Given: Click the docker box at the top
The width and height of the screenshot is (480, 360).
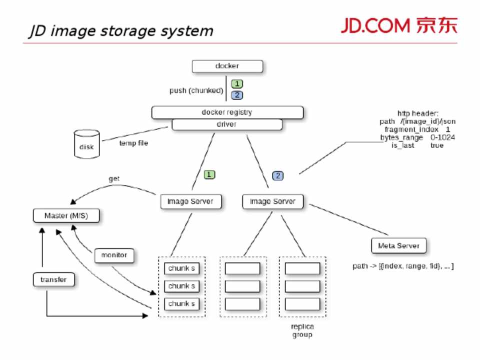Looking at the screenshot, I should [227, 66].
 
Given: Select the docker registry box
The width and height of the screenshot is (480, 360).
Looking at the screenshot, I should [227, 112].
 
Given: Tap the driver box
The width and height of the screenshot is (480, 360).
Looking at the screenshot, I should [227, 124].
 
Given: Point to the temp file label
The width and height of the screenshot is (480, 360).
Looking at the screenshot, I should [133, 143].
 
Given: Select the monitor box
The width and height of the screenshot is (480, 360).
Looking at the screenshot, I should [114, 255].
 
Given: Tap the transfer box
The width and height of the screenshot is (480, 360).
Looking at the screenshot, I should [53, 279].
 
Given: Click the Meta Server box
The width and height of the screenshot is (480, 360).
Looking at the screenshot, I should [398, 246].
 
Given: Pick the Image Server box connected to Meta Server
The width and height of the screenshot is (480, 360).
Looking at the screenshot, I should [273, 201].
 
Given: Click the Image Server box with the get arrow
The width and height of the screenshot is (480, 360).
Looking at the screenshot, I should [190, 201].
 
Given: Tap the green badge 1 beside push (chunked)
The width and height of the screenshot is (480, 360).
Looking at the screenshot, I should [236, 84].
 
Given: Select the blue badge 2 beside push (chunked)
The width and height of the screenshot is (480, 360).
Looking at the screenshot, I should [236, 94].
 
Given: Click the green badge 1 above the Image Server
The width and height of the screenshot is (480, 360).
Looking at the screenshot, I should [209, 175].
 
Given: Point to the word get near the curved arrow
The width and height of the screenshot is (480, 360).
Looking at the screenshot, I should [114, 178].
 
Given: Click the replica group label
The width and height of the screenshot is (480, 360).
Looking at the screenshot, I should [302, 330].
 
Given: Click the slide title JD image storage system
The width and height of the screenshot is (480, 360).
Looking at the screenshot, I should [120, 31].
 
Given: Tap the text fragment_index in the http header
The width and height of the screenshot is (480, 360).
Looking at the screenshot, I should [411, 129].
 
